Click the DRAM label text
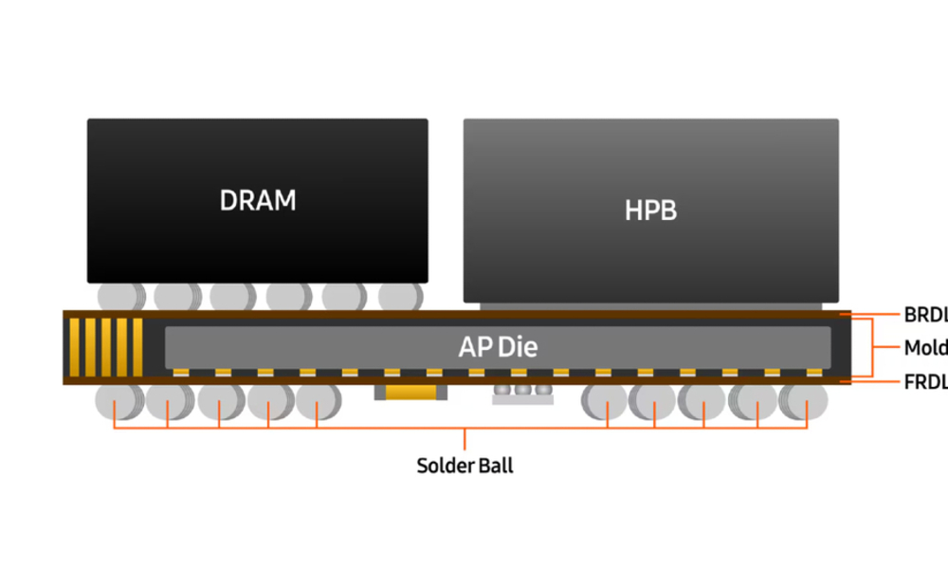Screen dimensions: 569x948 (258, 201)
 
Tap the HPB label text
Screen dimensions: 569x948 (650, 211)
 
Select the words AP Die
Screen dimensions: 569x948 (498, 347)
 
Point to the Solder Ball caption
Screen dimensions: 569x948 (465, 467)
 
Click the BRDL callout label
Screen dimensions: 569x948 (924, 314)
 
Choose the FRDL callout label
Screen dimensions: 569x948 (924, 380)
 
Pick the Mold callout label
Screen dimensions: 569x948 (924, 347)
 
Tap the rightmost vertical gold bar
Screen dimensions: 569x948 (137, 347)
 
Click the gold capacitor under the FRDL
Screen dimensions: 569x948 (410, 392)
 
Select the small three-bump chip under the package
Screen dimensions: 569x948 (522, 393)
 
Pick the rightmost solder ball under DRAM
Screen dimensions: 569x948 (399, 296)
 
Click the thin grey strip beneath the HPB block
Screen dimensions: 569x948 (650, 306)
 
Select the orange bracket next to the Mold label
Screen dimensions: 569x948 (874, 347)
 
